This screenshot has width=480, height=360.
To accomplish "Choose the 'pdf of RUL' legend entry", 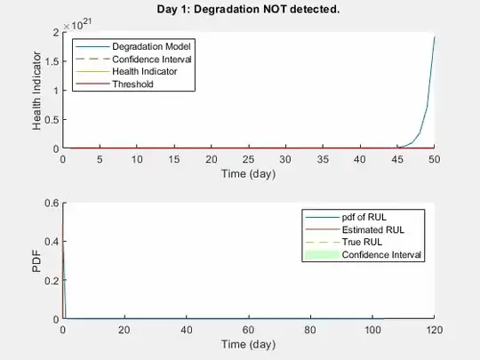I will pyautogui.click(x=365, y=218).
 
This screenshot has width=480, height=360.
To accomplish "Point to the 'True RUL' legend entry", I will pyautogui.click(x=364, y=243).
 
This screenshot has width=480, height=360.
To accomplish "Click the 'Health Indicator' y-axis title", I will pyautogui.click(x=38, y=91).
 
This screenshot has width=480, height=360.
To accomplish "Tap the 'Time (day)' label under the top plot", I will pyautogui.click(x=248, y=173).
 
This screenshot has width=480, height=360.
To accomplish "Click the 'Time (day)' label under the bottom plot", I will pyautogui.click(x=248, y=344).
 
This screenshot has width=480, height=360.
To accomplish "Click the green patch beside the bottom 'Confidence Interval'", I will pyautogui.click(x=322, y=255).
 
